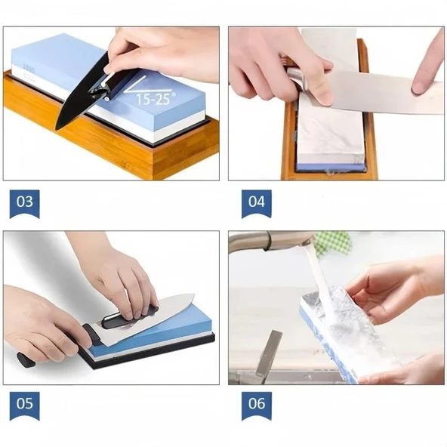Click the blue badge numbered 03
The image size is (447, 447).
pyautogui.click(x=24, y=204)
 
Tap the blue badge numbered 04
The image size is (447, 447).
pyautogui.click(x=257, y=204)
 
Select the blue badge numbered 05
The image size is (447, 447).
pyautogui.click(x=24, y=405)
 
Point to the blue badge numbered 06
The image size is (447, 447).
pyautogui.click(x=257, y=405)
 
